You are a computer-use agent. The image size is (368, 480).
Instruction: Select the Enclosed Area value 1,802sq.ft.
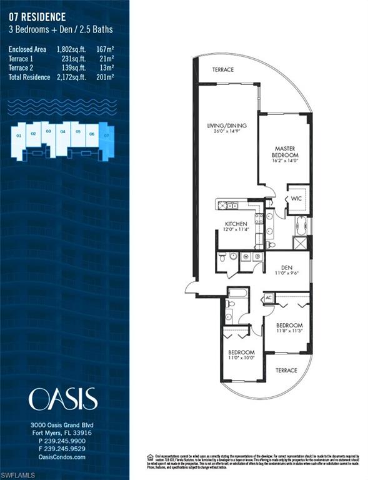click(x=69, y=49)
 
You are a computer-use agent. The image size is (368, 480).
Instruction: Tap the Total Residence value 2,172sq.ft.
click(x=69, y=77)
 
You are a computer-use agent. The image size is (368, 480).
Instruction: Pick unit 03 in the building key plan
click(x=48, y=132)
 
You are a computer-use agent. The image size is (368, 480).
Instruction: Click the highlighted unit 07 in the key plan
click(x=107, y=135)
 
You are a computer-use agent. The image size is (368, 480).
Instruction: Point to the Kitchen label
click(x=236, y=226)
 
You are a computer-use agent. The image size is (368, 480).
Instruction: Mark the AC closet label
click(x=269, y=297)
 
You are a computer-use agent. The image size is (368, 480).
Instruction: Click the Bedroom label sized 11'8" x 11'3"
click(x=289, y=328)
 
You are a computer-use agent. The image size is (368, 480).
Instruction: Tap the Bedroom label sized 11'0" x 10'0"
click(x=241, y=355)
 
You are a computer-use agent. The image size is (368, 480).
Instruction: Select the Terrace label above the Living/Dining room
click(x=222, y=69)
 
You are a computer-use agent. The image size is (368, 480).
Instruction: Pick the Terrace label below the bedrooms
click(x=287, y=370)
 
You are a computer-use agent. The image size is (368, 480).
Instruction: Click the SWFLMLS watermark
click(x=19, y=474)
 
